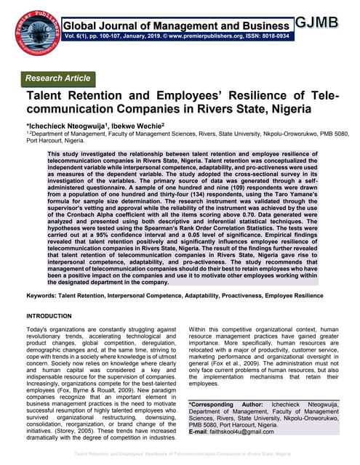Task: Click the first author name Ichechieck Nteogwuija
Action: tap(58, 126)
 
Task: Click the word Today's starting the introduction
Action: tap(39, 331)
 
